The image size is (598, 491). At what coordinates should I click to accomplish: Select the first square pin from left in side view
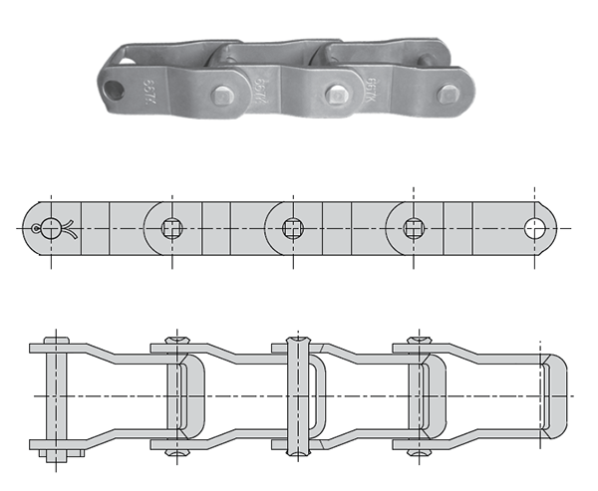tap(170, 228)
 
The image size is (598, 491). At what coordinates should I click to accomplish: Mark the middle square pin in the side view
tap(292, 228)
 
